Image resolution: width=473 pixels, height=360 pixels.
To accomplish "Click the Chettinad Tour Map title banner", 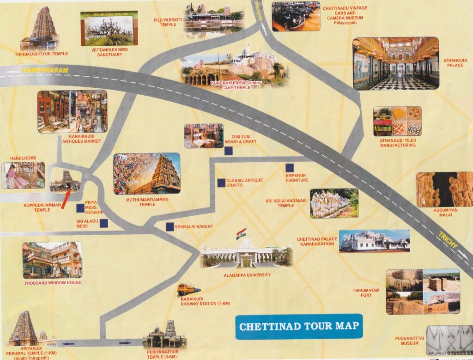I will [x=299, y=326].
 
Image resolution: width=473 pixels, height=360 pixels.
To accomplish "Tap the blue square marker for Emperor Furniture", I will [x=290, y=168].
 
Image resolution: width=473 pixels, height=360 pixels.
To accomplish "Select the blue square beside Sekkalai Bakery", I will [x=170, y=226].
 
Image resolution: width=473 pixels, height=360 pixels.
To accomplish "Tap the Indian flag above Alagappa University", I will [x=242, y=233].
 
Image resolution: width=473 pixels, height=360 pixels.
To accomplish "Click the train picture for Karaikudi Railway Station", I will [x=188, y=290].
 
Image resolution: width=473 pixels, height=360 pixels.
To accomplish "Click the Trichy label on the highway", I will [x=448, y=239].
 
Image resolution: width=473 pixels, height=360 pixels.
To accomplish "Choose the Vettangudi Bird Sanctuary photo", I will [x=109, y=29].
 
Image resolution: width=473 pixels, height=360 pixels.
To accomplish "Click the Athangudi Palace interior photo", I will [x=395, y=63].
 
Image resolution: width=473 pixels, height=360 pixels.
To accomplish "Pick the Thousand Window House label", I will [x=53, y=282].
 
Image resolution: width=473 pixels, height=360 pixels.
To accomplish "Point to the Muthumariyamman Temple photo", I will [x=147, y=173].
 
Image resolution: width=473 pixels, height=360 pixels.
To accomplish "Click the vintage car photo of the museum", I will [x=296, y=16].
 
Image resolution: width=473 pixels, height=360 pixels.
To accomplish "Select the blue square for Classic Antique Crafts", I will [x=222, y=183].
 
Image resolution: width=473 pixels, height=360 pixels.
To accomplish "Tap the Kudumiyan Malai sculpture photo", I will [x=444, y=189].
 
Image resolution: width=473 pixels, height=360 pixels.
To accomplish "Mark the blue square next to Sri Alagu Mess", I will [x=103, y=224].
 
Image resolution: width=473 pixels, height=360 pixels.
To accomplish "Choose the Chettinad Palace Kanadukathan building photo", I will [x=374, y=241].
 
